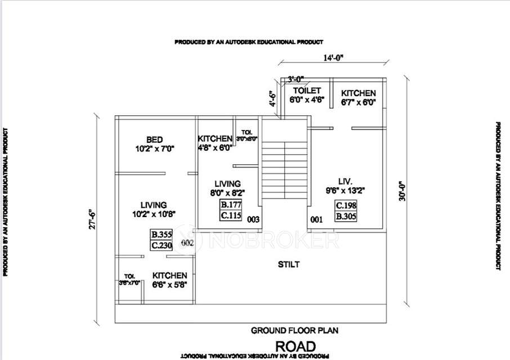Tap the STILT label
coord(289,264)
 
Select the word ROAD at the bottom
coord(295,345)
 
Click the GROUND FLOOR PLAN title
coord(294,330)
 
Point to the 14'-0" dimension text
coord(333,57)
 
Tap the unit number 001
coord(316,220)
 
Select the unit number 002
coord(187,242)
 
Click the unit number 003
coord(253,220)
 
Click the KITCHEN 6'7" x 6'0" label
coord(358,97)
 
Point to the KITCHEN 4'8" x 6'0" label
coord(214,143)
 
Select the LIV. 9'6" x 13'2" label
coord(345,186)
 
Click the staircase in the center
coord(284,169)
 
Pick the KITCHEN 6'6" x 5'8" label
coord(169,280)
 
